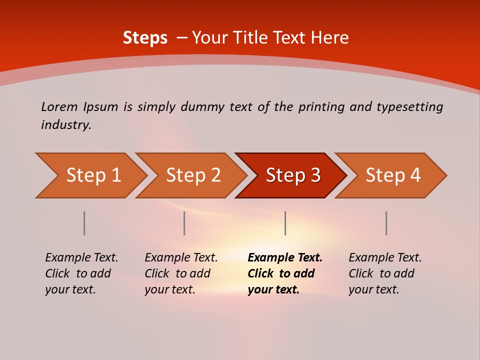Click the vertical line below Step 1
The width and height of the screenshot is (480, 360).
84,223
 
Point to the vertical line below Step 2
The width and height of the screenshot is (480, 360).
184,223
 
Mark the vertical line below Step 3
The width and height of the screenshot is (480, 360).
285,223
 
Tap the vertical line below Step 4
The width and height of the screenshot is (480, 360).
386,223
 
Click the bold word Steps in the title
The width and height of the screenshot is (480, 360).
145,38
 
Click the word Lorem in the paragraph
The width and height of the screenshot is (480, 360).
59,106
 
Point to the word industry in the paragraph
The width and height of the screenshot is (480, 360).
66,124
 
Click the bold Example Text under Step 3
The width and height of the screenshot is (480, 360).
285,257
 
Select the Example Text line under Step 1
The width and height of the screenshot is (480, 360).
81,257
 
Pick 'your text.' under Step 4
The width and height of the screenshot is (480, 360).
373,289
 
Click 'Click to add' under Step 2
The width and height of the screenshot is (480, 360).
177,273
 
